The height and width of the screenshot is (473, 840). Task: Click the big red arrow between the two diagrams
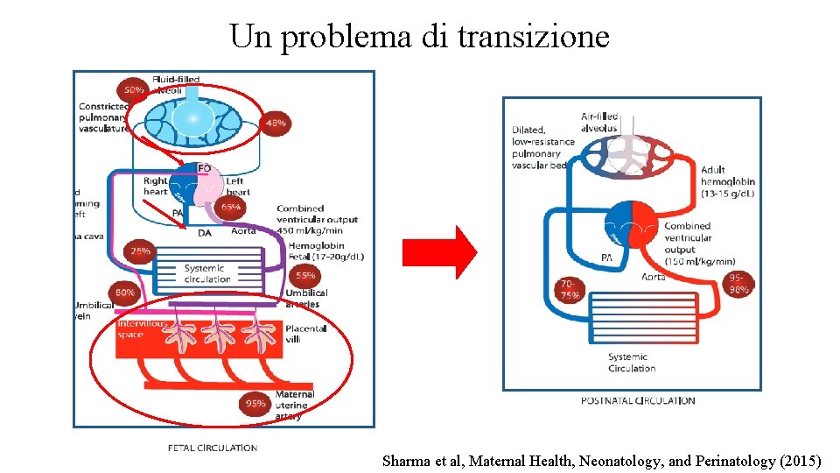coord(438,252)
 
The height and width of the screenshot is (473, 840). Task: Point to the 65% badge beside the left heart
coord(231,207)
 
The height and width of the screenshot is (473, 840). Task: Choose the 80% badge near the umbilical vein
coord(124,293)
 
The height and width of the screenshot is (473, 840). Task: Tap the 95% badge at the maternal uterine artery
coord(256,404)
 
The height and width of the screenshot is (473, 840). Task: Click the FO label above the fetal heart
coord(204,168)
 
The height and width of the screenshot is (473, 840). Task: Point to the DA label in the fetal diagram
coord(204,232)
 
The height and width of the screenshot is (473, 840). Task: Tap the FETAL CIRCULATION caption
coord(213,448)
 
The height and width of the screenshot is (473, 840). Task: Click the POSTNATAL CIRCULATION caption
coord(638,400)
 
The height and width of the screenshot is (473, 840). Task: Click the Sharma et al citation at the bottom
coord(602,460)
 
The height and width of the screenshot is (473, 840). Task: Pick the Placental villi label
coord(306,334)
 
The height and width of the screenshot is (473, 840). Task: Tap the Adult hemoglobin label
coord(726,181)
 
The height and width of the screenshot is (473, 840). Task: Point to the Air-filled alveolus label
coord(599,122)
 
